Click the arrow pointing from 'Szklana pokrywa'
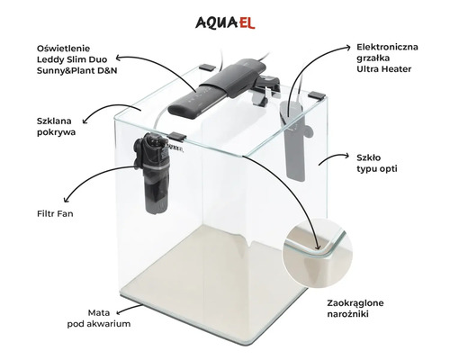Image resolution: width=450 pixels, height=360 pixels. [x=98, y=112]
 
